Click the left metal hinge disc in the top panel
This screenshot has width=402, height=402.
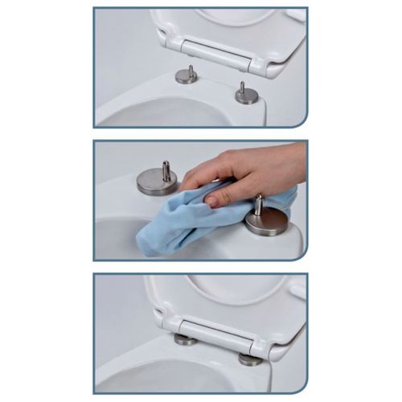click(x=187, y=77)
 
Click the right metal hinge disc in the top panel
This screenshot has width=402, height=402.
click(x=247, y=96)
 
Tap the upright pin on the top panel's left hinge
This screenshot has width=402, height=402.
click(x=191, y=71)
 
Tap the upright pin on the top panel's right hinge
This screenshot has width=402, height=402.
click(x=241, y=87)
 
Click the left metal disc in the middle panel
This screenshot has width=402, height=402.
click(x=157, y=182)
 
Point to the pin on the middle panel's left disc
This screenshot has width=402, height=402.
click(x=166, y=170)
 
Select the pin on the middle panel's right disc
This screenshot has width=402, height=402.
click(x=260, y=204)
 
